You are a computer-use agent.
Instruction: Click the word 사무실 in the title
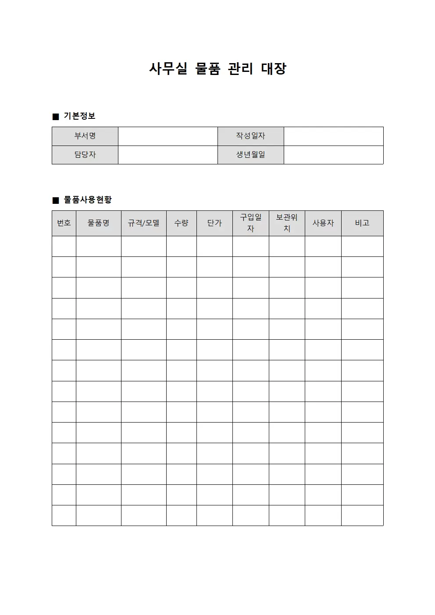tap(168, 69)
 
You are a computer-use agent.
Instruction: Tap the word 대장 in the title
tap(274, 69)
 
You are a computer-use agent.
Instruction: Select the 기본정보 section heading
tap(79, 116)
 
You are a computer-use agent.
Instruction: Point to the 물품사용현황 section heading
tap(88, 200)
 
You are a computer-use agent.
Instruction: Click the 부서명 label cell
tap(85, 136)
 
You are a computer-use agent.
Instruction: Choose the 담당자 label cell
tap(85, 155)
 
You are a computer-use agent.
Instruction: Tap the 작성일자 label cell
tap(250, 136)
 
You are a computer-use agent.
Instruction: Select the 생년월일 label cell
tap(250, 155)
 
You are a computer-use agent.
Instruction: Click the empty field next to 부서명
tap(168, 136)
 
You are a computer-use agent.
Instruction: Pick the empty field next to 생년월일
tap(333, 155)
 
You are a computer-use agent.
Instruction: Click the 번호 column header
tap(64, 223)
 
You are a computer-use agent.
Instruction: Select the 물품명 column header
tap(98, 223)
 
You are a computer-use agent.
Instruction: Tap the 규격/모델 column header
tap(143, 223)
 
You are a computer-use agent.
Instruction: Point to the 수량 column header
tap(181, 223)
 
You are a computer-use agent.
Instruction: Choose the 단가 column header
tap(214, 223)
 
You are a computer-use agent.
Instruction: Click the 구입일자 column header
tap(250, 223)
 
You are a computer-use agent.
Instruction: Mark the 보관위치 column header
tap(287, 223)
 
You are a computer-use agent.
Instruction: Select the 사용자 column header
tap(323, 223)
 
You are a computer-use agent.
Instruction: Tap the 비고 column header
tap(362, 223)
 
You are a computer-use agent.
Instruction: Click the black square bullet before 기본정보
tap(56, 117)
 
